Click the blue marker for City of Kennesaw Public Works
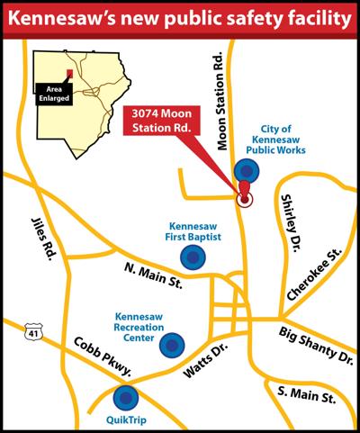pyautogui.click(x=246, y=170)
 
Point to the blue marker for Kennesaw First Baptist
pyautogui.click(x=193, y=258)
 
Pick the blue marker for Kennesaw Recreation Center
pyautogui.click(x=173, y=345)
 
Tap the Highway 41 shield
pyautogui.click(x=33, y=333)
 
